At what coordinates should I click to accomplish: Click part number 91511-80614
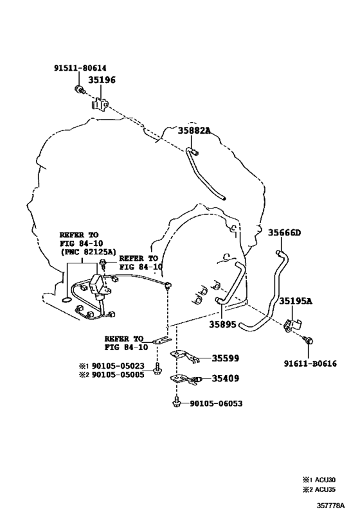click(80, 68)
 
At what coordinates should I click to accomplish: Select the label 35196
click(102, 80)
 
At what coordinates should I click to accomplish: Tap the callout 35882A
click(194, 130)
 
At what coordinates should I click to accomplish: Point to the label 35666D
click(284, 232)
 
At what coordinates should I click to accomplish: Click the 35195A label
click(296, 301)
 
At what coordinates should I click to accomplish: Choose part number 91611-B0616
click(310, 364)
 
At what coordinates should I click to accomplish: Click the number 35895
click(222, 324)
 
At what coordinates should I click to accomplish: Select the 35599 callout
click(226, 358)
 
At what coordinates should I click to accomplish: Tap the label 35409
click(226, 379)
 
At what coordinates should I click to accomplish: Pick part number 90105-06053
click(216, 403)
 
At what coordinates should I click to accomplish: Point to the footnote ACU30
click(325, 480)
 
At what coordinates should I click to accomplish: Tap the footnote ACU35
click(325, 490)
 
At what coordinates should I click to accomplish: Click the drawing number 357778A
click(330, 505)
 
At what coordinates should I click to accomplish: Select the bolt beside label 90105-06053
click(176, 403)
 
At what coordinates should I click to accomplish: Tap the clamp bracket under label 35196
click(100, 103)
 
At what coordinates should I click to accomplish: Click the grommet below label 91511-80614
click(80, 89)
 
